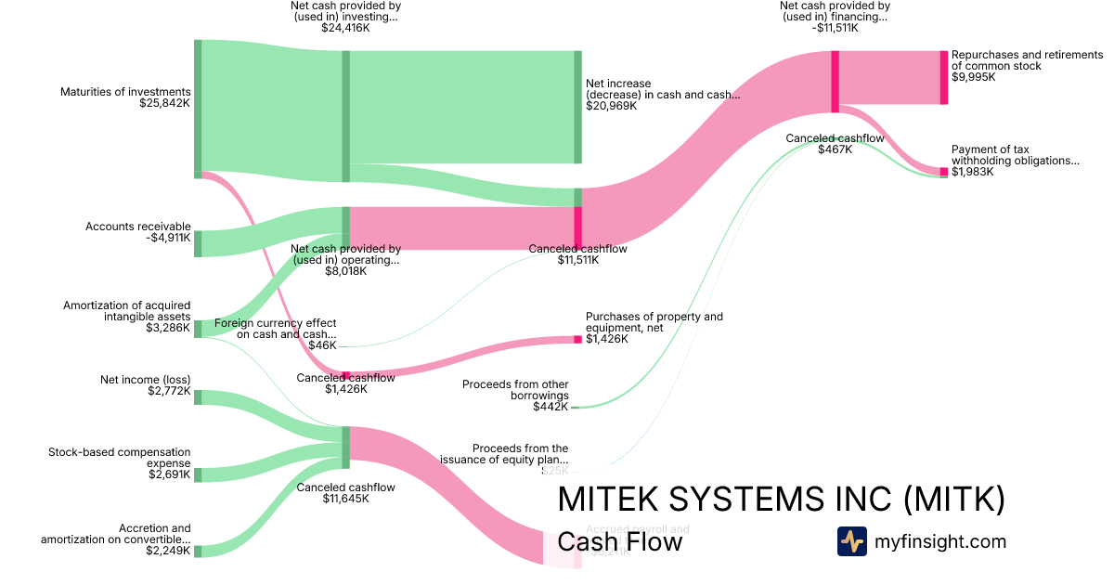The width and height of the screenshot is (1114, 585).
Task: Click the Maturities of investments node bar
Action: (x=198, y=108)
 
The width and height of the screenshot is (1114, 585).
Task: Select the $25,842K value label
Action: (x=164, y=103)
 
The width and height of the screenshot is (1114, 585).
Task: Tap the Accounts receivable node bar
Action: (x=198, y=243)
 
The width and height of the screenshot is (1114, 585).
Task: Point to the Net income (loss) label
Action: (x=145, y=380)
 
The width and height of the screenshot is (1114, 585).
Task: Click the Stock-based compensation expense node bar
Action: (x=198, y=474)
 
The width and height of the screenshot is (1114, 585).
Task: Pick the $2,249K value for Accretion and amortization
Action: (x=168, y=551)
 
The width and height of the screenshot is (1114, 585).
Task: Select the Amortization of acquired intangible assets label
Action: (x=127, y=311)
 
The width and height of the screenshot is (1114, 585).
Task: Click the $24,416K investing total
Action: (x=345, y=28)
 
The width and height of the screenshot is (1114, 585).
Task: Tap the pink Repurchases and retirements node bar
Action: (x=943, y=77)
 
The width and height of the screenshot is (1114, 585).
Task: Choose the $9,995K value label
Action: (x=973, y=77)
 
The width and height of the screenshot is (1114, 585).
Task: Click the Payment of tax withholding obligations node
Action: (x=943, y=172)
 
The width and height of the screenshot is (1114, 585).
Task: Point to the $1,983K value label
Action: (x=972, y=172)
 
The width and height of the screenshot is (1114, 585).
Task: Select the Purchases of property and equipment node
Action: (x=577, y=339)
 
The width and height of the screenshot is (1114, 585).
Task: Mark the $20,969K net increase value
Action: (x=611, y=106)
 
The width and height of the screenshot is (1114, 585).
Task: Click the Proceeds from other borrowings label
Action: (x=515, y=390)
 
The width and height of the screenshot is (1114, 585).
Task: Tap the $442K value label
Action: (x=551, y=407)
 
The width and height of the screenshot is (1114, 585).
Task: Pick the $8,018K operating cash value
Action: (x=345, y=272)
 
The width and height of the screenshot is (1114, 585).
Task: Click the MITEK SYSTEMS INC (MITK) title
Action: (x=781, y=500)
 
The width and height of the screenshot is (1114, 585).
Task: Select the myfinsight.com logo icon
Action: (x=851, y=541)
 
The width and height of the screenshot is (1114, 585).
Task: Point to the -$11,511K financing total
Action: (x=834, y=28)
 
